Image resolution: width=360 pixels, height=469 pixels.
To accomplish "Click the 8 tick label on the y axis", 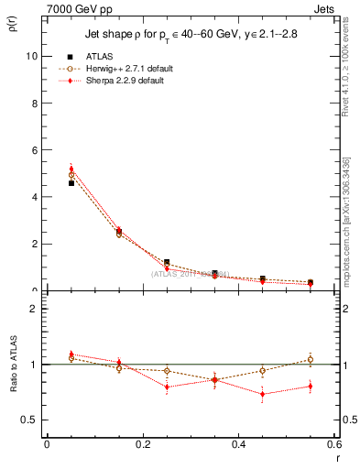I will (33, 103).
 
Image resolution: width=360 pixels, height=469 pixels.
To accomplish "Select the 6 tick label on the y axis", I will (33, 149).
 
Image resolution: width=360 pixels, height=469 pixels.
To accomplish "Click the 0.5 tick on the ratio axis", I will (28, 420).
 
